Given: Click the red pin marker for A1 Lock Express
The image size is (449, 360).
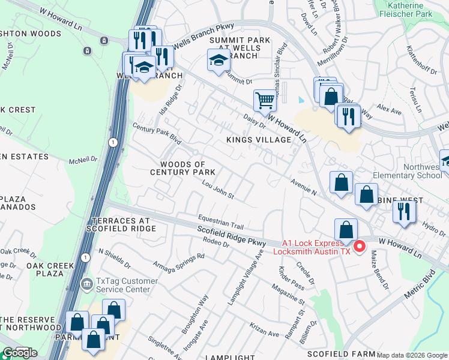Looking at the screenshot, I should point(360,246).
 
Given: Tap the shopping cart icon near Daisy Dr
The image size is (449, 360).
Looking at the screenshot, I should point(264,101).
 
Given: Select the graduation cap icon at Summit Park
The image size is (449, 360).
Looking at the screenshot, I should point(218,59).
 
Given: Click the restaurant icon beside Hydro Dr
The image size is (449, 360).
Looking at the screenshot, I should point(404,211).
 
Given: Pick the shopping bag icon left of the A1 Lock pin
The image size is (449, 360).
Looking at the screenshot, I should point(346,230).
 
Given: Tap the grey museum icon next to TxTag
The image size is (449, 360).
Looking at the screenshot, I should point(87,283).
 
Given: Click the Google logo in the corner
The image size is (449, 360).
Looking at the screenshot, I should point(19,353).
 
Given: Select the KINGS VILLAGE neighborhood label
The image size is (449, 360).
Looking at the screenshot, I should point(259,140).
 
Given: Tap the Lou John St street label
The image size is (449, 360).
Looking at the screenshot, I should point(217,191).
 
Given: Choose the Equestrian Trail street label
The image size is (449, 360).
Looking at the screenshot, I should point(221,222).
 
